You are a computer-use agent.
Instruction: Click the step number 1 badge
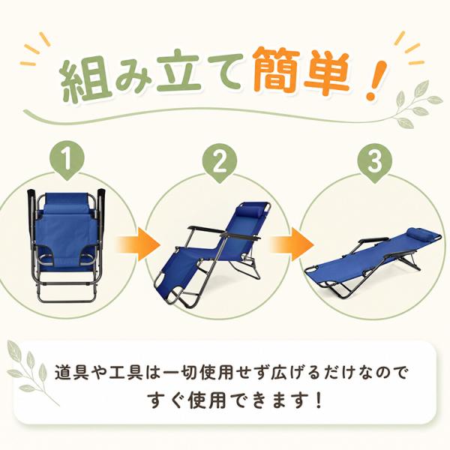[x=67, y=161]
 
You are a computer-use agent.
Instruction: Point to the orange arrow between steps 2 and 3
[x=292, y=245]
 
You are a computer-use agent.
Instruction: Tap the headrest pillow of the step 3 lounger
[x=421, y=232]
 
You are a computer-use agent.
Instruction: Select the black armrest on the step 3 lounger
[x=373, y=240]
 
